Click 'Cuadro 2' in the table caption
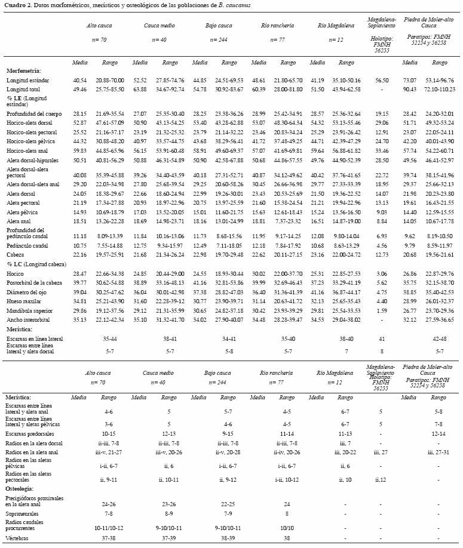[16, 5]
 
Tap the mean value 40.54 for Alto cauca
[79, 79]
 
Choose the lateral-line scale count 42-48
[439, 338]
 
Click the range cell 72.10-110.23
[439, 89]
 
